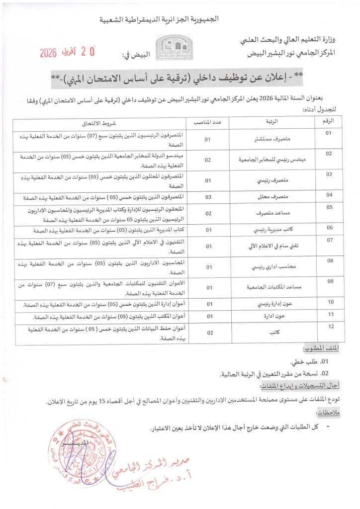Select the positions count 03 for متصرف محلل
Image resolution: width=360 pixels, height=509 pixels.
209,197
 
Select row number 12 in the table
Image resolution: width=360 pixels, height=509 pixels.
329,326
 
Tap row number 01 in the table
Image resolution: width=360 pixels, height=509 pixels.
329,133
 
